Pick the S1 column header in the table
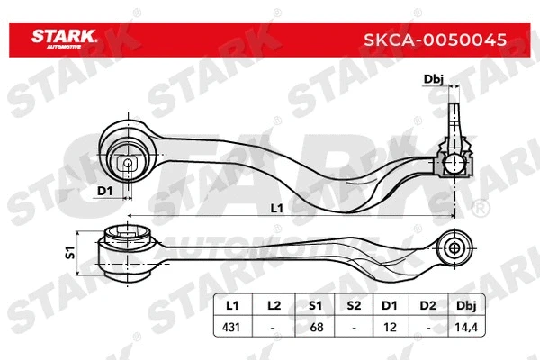coord(316,307)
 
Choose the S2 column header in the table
coord(357,307)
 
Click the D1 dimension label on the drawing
coord(104,192)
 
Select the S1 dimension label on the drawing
coord(69,255)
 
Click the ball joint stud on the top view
coord(454,117)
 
